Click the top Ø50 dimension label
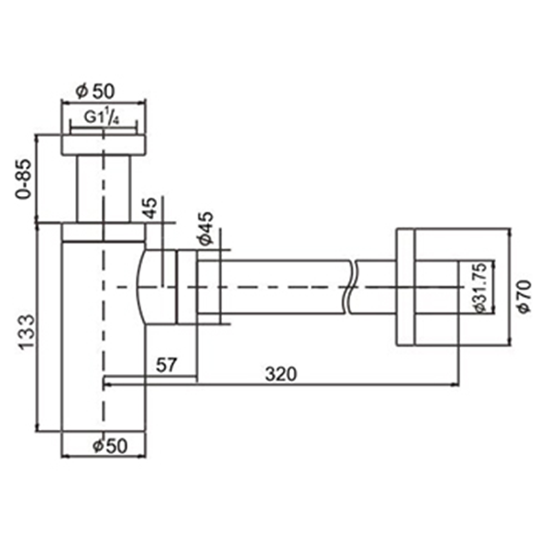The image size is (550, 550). pos(95,91)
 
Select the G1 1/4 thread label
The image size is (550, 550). pos(102,117)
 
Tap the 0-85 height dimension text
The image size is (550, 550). pos(25,180)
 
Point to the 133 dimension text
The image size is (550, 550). pos(27,333)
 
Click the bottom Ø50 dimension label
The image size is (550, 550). pos(110,446)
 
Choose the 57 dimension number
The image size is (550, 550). pos(166,365)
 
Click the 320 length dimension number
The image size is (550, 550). pos(281,374)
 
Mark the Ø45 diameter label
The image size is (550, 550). pos(205,228)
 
